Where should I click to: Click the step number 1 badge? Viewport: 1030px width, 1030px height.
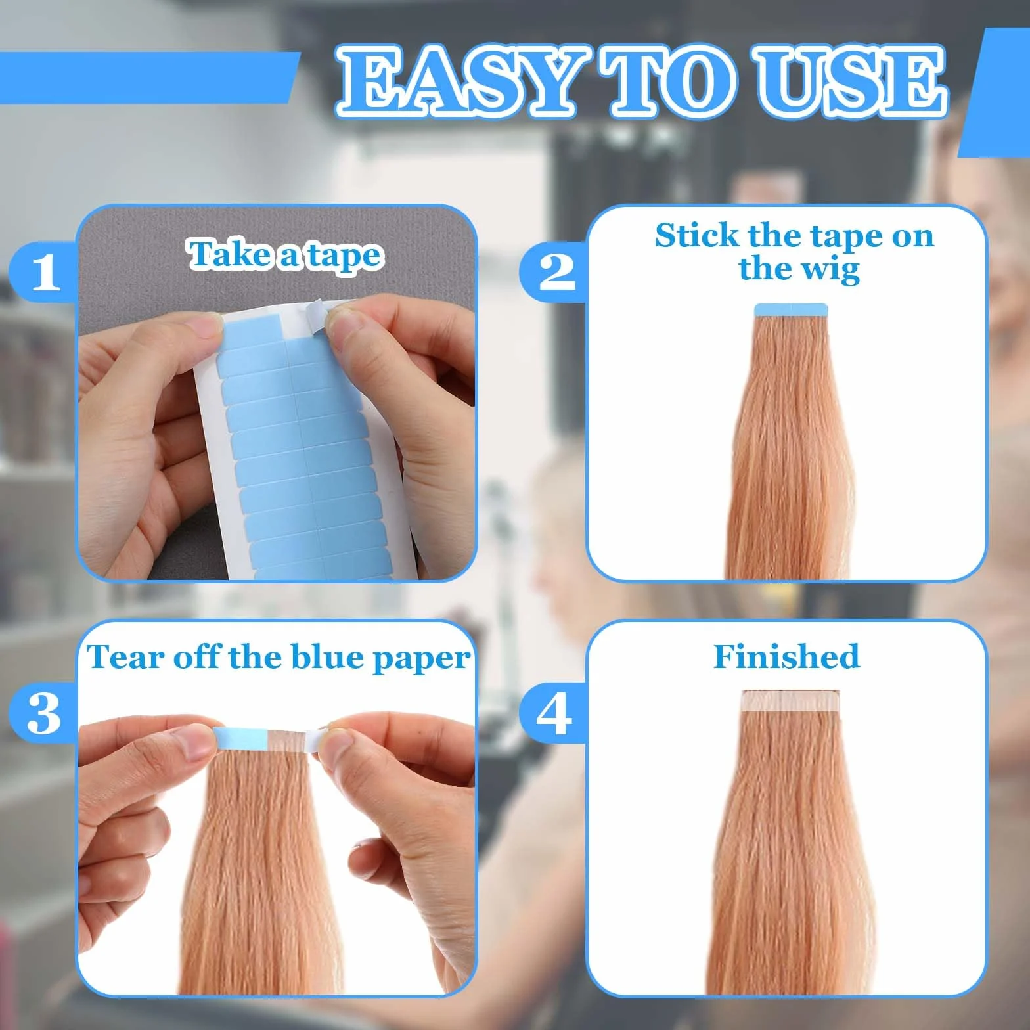45,272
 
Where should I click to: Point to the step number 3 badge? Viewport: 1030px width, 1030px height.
45,713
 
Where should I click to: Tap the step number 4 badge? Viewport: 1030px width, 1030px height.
554,713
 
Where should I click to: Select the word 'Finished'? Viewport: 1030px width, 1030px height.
786,656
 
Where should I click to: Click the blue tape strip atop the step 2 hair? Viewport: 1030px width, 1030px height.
791,311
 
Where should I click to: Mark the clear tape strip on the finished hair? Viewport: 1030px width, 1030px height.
790,702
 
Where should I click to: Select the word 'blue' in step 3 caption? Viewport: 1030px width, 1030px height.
327,657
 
